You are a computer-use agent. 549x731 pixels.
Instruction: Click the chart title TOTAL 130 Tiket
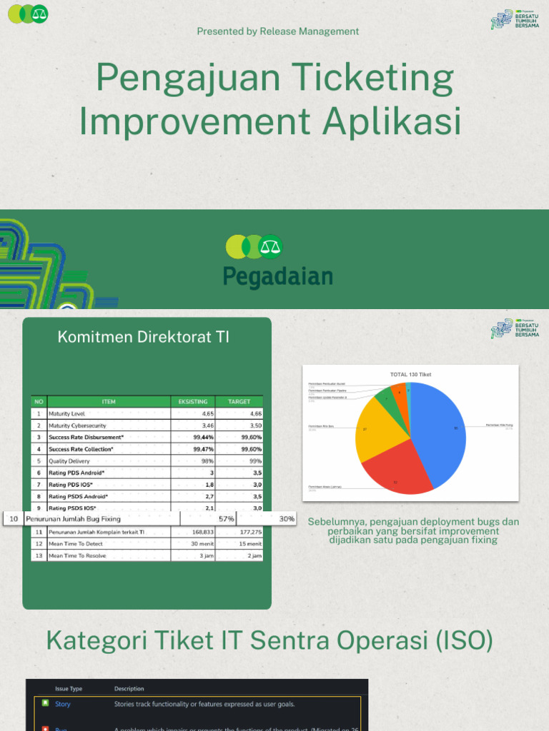(x=410, y=374)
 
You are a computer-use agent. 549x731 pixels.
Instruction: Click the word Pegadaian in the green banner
(x=277, y=276)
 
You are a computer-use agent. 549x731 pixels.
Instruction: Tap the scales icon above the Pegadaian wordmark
(x=270, y=247)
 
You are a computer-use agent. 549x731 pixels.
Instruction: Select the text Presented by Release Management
(x=277, y=31)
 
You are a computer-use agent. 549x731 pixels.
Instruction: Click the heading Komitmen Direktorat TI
(x=144, y=338)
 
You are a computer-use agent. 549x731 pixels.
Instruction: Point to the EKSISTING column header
(x=192, y=402)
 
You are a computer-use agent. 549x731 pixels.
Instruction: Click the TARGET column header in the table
(x=239, y=402)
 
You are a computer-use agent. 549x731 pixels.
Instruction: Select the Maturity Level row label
(x=66, y=413)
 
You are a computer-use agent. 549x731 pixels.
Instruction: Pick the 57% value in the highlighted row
(x=227, y=519)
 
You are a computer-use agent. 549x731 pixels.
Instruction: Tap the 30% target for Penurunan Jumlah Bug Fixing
(x=287, y=519)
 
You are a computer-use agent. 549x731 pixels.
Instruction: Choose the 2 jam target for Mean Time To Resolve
(x=254, y=555)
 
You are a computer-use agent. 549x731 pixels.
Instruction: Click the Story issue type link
(x=63, y=704)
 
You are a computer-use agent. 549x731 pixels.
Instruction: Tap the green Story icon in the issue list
(x=45, y=704)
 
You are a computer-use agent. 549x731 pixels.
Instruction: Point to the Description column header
(x=129, y=689)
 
